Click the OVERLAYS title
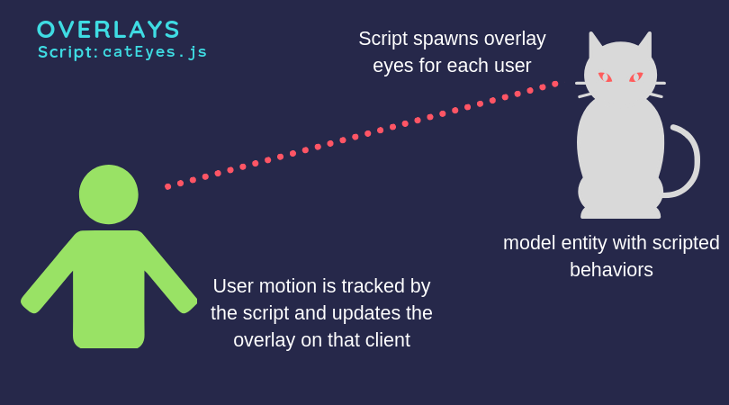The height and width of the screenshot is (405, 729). (x=109, y=30)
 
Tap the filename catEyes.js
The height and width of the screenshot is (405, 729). (x=155, y=52)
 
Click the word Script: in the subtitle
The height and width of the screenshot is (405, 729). (x=68, y=52)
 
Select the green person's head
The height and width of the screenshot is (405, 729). (x=109, y=194)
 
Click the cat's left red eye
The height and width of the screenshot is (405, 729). (x=605, y=77)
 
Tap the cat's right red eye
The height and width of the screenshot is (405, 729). (x=636, y=77)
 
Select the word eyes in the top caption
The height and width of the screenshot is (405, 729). (x=391, y=66)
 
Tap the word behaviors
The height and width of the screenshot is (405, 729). (x=611, y=270)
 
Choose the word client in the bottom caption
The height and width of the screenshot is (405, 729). (x=383, y=340)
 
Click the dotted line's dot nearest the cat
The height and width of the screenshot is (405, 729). (x=554, y=84)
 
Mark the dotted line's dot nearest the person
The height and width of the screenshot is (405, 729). (x=168, y=186)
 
